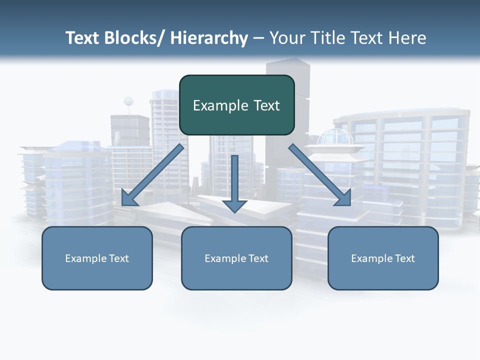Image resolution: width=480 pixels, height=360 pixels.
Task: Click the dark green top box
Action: tap(236, 105)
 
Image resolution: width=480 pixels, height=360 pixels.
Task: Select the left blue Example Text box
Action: tap(97, 258)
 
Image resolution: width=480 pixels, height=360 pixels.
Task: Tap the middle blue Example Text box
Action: tap(236, 258)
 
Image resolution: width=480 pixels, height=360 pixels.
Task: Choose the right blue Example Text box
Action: tap(383, 258)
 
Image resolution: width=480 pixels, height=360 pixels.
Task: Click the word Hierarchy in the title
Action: tap(209, 38)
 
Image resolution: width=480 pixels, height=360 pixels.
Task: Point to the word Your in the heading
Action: tap(285, 38)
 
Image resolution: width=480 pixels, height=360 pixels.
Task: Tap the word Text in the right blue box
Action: tap(404, 258)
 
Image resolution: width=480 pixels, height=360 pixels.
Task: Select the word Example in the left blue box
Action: tap(86, 258)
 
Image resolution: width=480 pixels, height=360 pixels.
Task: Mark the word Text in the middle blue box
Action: tap(258, 258)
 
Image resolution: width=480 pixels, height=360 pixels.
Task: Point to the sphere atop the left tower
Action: tap(128, 101)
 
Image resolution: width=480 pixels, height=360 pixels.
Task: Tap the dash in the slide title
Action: tap(258, 38)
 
